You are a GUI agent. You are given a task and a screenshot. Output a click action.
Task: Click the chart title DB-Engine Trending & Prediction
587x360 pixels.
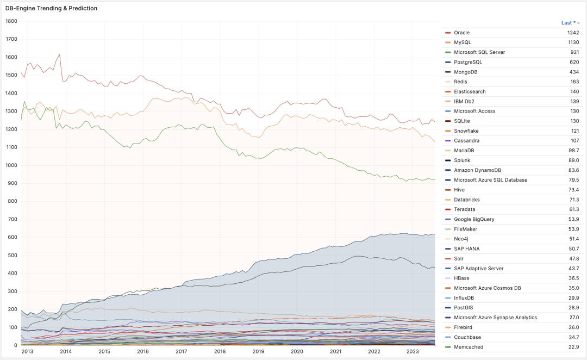[52, 9]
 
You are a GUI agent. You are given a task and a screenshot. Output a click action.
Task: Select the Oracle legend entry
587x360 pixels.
[461, 33]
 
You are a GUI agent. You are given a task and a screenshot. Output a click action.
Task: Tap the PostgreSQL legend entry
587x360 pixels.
[468, 62]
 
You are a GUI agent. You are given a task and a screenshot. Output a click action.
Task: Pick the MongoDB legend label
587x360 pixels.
[466, 72]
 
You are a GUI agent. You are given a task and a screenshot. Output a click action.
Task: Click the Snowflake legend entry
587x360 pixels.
[466, 131]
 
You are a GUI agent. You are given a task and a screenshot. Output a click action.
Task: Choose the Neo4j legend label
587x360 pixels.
[461, 239]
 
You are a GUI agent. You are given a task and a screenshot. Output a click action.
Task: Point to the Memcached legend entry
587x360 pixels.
[469, 347]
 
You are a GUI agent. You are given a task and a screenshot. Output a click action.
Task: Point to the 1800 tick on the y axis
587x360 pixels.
[11, 21]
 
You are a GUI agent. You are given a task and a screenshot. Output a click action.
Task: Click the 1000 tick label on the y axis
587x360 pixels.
[11, 165]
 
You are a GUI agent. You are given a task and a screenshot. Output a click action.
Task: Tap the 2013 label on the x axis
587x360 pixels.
[27, 352]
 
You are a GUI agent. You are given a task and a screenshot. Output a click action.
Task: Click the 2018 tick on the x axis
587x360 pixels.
[220, 352]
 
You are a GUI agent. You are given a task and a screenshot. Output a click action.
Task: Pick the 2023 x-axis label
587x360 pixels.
[413, 352]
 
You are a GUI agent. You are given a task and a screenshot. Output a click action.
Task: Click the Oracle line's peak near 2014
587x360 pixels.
[59, 54]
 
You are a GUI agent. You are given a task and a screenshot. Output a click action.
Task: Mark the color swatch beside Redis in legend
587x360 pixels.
[448, 82]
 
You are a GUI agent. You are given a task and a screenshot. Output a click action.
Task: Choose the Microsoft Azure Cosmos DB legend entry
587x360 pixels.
[487, 288]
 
